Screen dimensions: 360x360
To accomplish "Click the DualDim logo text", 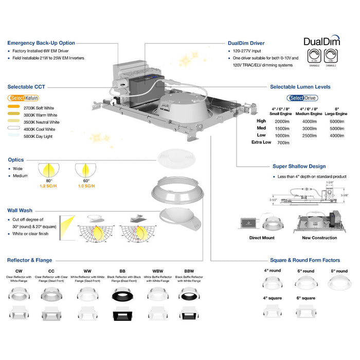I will (321, 42).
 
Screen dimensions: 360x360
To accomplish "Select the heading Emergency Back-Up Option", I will (41, 43).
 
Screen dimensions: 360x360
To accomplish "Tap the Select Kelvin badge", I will (23, 98).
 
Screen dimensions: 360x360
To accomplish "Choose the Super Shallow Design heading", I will (299, 167).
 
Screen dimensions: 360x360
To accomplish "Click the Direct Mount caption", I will (261, 238).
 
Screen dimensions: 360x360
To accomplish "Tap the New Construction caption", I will (319, 238).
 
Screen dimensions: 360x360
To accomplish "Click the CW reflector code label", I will (19, 271).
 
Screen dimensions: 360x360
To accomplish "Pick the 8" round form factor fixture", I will (338, 283).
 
